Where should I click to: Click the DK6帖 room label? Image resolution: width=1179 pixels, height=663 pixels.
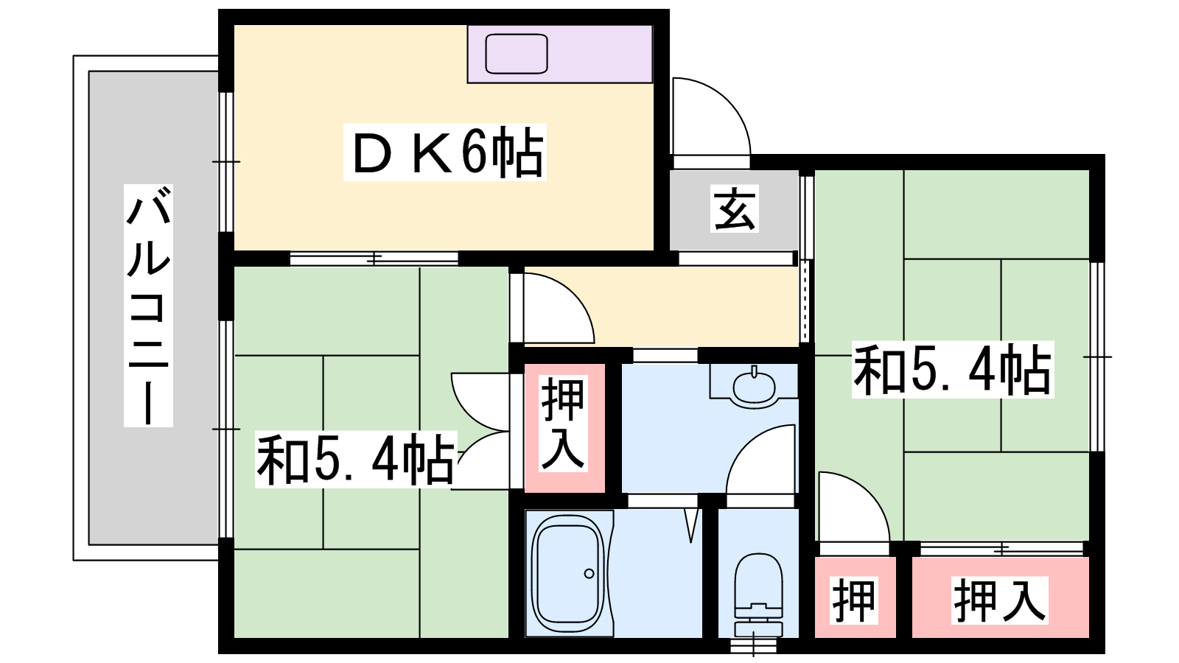point(445,152)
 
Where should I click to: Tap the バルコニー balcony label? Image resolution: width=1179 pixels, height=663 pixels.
point(148,305)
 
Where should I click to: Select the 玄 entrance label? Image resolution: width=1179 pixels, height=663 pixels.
point(735,209)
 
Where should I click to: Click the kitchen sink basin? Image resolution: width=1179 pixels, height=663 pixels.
point(517,54)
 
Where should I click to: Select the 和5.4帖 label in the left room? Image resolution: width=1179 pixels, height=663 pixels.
point(356,460)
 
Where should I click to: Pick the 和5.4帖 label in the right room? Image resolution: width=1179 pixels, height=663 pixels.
point(953,369)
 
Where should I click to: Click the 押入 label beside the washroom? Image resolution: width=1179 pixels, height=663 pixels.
point(563,424)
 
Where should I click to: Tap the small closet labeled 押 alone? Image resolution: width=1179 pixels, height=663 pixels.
point(854,601)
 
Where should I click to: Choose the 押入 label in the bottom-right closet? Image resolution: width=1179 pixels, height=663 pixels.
point(999,600)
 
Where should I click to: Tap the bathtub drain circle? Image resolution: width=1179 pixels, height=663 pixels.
point(589,574)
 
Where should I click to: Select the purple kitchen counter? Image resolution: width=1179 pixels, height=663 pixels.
point(560,54)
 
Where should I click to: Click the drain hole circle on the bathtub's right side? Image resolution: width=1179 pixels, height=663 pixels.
point(589,574)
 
